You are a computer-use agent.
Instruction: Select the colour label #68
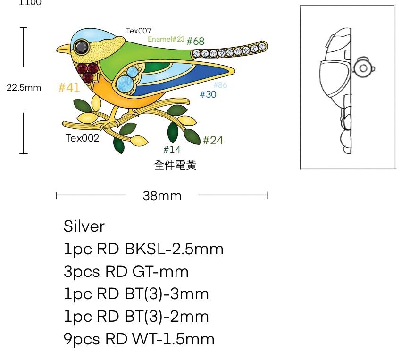click(x=196, y=42)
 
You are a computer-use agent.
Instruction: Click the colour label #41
click(x=69, y=88)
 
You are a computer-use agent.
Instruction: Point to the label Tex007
click(x=139, y=31)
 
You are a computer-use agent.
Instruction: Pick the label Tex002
click(x=82, y=138)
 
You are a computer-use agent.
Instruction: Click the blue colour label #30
click(x=208, y=95)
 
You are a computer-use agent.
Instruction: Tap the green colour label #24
click(x=213, y=140)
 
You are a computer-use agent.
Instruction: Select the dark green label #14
click(x=172, y=150)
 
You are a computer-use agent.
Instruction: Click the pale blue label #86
click(x=220, y=85)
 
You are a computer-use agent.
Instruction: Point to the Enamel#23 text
click(x=166, y=39)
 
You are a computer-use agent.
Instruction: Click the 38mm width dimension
click(x=162, y=195)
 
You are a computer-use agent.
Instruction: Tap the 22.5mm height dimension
click(x=24, y=88)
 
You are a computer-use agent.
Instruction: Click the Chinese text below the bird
click(x=175, y=165)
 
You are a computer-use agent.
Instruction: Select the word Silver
click(x=84, y=226)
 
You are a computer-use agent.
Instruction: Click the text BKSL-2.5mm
click(x=174, y=249)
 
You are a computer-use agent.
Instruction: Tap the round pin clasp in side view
click(x=364, y=68)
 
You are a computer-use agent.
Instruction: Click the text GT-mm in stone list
click(x=160, y=272)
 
